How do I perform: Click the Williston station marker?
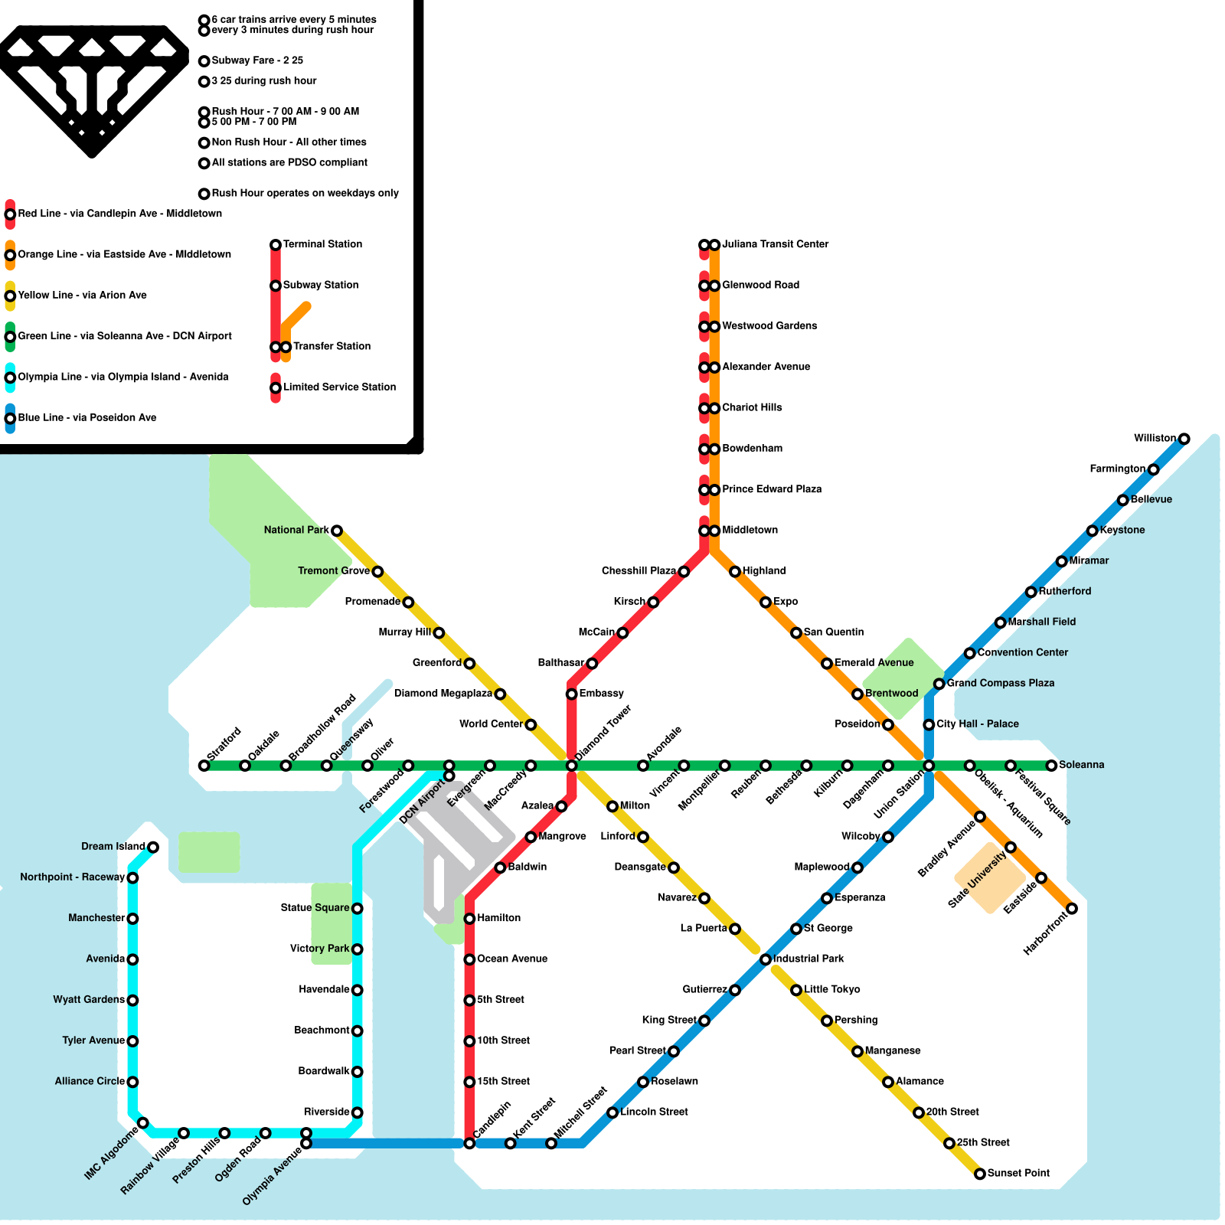1184,439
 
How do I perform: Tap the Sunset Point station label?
1018,1173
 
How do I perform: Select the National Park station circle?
336,531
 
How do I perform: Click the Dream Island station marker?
153,847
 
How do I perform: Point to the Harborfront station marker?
1072,909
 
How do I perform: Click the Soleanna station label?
1081,765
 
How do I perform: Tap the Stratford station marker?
204,766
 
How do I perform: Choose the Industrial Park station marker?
766,959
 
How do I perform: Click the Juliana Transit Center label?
775,244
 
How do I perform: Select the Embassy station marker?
571,694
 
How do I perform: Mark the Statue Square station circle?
357,908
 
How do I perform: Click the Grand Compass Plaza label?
1000,683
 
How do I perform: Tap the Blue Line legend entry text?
87,417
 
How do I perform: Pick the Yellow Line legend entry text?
83,295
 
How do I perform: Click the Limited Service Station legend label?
339,387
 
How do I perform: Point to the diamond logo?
92,88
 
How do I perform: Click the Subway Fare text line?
257,60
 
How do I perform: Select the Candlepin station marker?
469,1143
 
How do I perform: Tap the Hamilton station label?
498,918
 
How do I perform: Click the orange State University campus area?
989,879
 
